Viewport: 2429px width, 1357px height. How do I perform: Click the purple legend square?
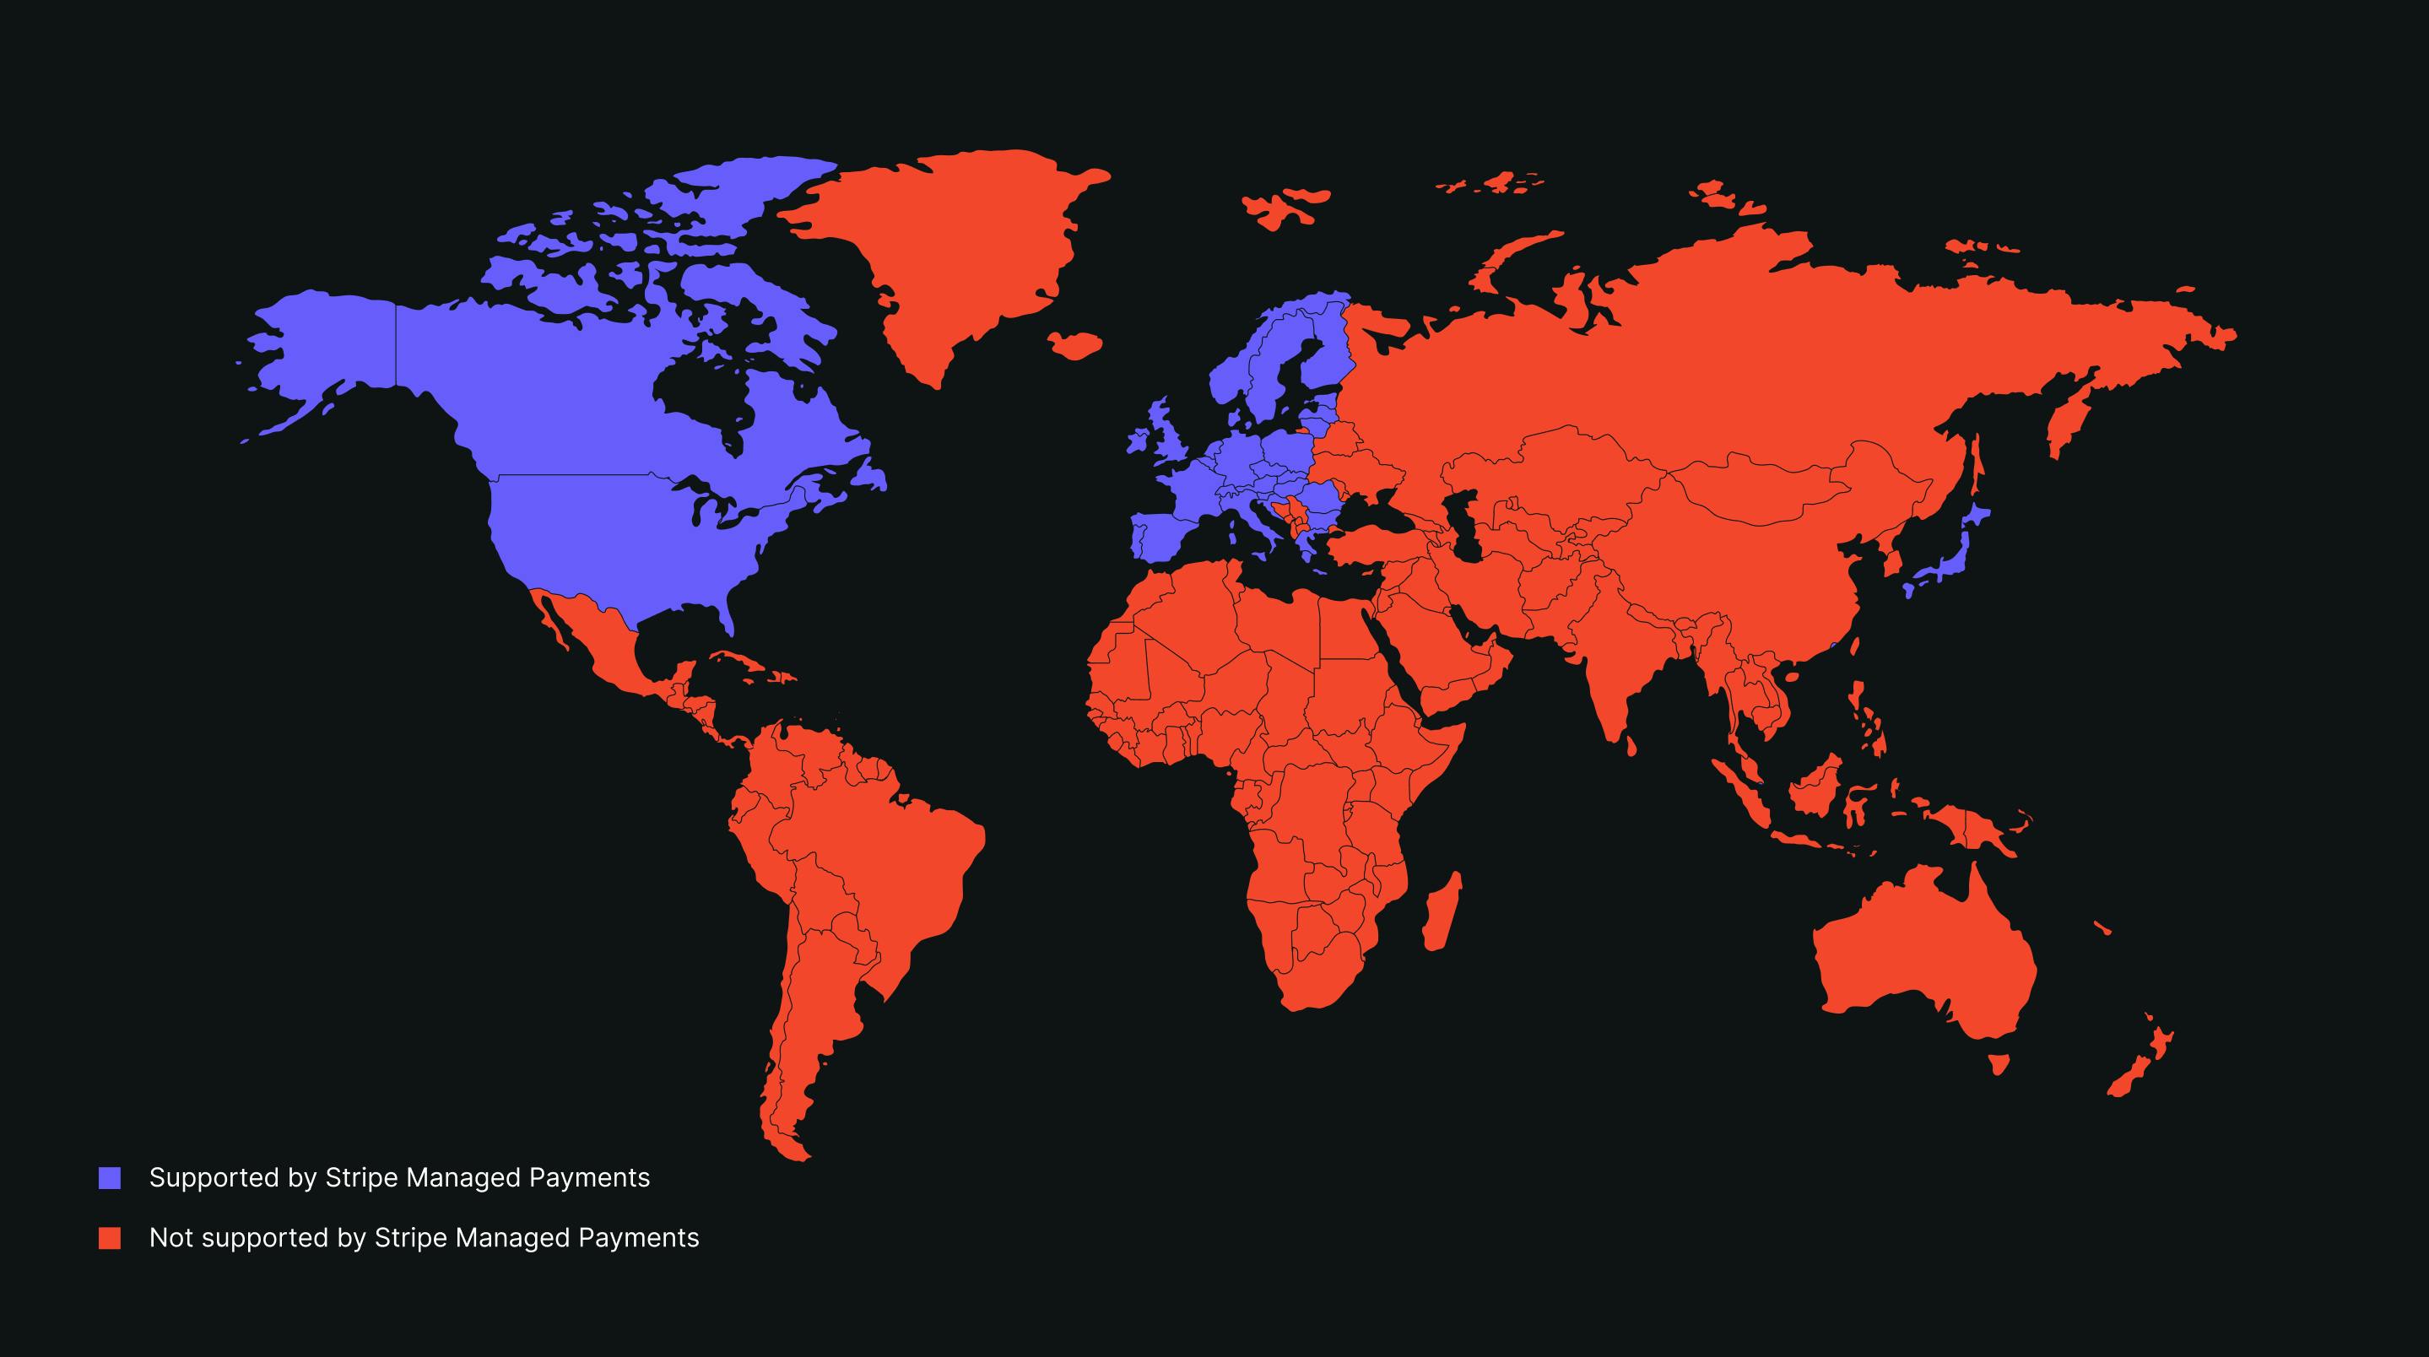111,1178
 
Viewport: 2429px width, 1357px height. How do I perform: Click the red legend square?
111,1238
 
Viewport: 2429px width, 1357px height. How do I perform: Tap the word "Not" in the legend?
171,1238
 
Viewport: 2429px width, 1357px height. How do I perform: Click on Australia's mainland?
1923,962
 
